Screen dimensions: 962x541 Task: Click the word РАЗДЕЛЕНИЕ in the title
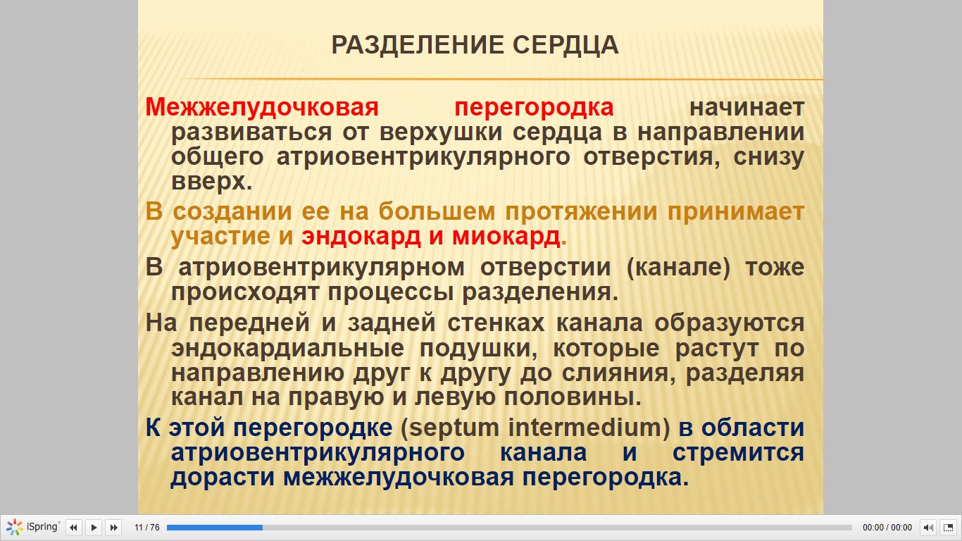pyautogui.click(x=418, y=44)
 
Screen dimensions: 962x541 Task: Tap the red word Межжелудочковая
pyautogui.click(x=262, y=107)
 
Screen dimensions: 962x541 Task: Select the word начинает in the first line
pyautogui.click(x=747, y=108)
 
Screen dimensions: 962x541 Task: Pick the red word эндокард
pyautogui.click(x=361, y=237)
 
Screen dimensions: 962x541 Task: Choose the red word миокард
pyautogui.click(x=506, y=237)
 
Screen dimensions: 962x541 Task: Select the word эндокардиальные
pyautogui.click(x=287, y=349)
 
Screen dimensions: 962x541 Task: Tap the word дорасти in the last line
pyautogui.click(x=223, y=478)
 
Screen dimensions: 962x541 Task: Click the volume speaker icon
pyautogui.click(x=927, y=527)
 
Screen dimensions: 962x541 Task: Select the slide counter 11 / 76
pyautogui.click(x=147, y=527)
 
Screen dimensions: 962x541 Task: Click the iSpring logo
pyautogui.click(x=32, y=527)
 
